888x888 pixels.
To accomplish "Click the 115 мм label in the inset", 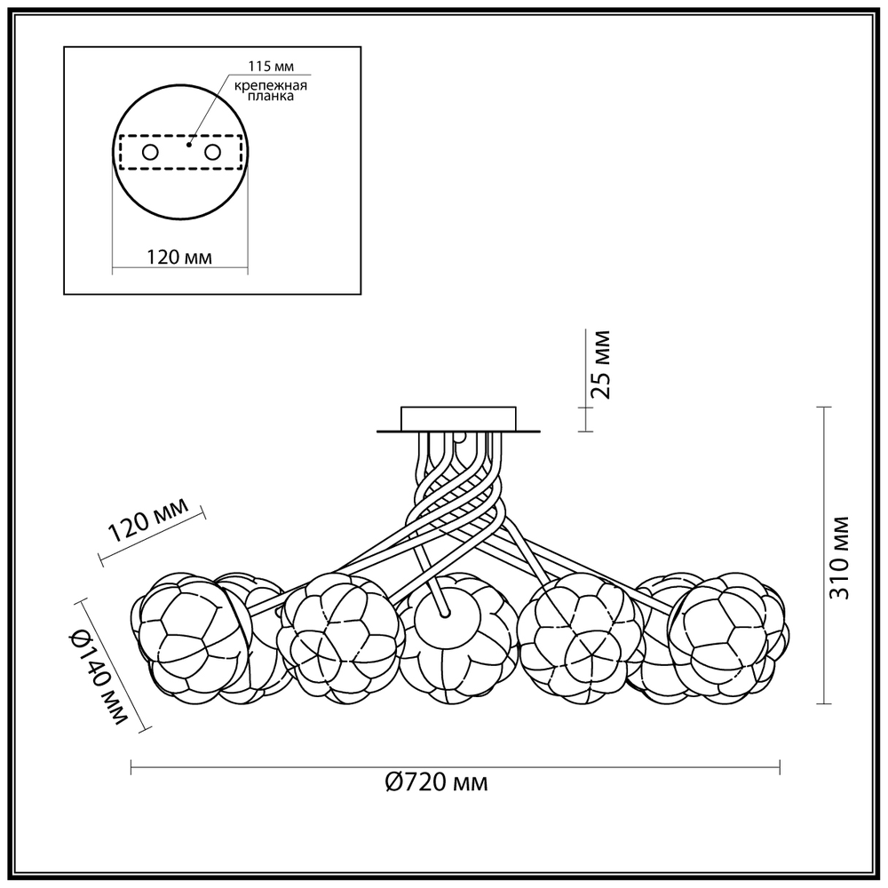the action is pyautogui.click(x=272, y=67).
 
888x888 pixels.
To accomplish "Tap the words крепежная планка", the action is pyautogui.click(x=271, y=91).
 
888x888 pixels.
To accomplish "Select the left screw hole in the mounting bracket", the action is pyautogui.click(x=150, y=152).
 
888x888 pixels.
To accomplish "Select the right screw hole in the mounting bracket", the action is pyautogui.click(x=212, y=152).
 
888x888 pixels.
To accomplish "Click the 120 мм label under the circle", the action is pyautogui.click(x=179, y=258).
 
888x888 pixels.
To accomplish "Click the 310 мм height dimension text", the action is pyautogui.click(x=839, y=558).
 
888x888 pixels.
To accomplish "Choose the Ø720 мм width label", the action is pyautogui.click(x=436, y=783).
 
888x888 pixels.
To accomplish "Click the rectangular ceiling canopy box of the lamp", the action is pyautogui.click(x=458, y=418).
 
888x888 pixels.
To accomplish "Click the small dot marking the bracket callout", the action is pyautogui.click(x=188, y=145).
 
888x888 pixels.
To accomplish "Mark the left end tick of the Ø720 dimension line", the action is pyautogui.click(x=131, y=767).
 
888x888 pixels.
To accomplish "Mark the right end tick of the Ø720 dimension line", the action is pyautogui.click(x=781, y=767).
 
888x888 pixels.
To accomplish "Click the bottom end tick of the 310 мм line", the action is pyautogui.click(x=824, y=704).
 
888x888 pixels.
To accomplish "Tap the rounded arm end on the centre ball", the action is pyautogui.click(x=445, y=612).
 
